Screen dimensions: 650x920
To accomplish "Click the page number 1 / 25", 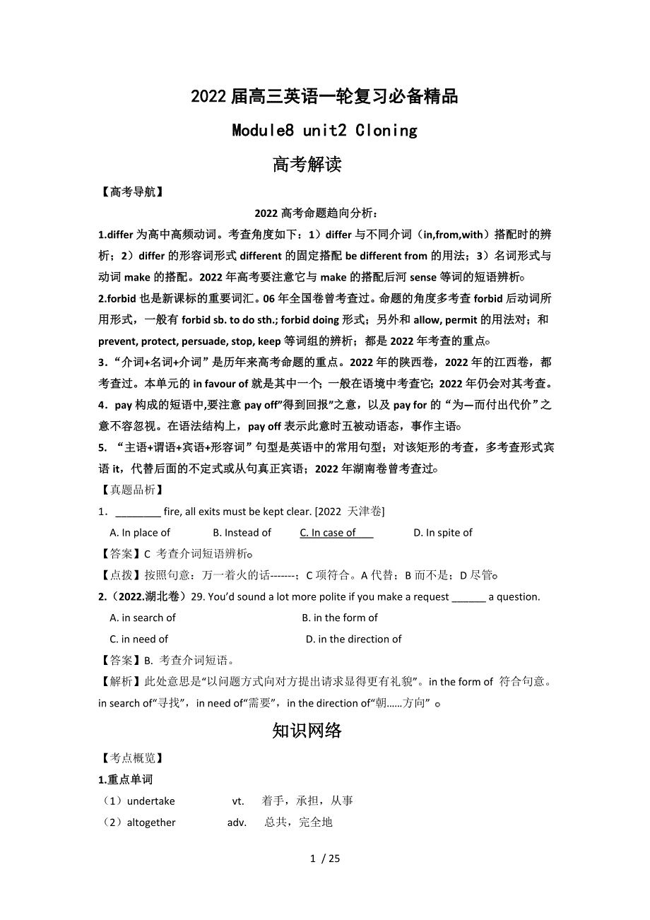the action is (325, 859).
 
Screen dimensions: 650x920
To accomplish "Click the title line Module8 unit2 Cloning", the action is (324, 131).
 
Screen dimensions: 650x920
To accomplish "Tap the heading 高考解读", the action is (307, 165).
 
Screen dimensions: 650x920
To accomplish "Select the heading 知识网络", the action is (307, 730).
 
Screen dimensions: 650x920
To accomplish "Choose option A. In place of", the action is (140, 533).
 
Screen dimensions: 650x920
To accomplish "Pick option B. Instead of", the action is (242, 533).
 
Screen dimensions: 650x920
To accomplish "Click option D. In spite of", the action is (443, 533).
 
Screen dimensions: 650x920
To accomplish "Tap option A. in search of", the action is (143, 618).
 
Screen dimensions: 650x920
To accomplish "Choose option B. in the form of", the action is (340, 618).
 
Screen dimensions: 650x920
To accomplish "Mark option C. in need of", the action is (139, 639).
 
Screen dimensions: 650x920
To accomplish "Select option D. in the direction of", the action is (353, 639).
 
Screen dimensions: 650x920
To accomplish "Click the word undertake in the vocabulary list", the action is (150, 801).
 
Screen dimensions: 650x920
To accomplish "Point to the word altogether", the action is (151, 822).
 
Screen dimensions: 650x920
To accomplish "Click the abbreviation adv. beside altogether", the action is (237, 822).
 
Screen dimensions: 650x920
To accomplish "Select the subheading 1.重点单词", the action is (125, 779).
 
